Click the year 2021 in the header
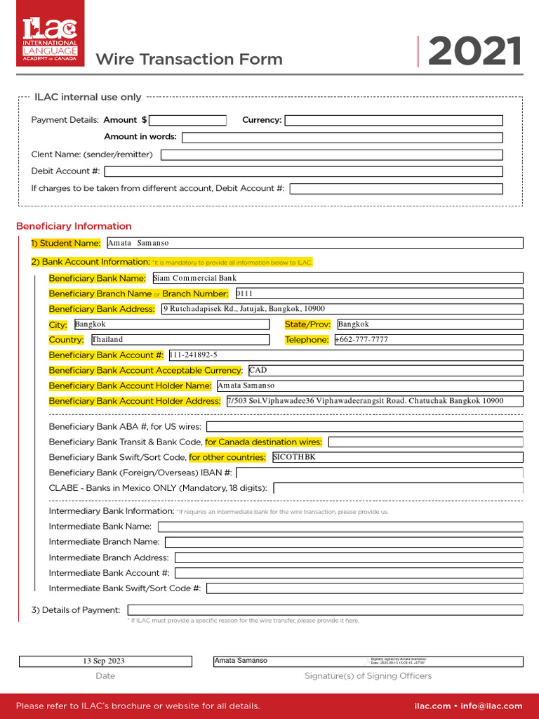[x=474, y=52]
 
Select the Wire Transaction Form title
[x=189, y=60]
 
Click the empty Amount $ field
[x=187, y=120]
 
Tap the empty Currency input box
[x=393, y=120]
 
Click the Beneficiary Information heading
[x=74, y=226]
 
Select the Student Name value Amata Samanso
[x=138, y=243]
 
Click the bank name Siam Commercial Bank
[x=195, y=278]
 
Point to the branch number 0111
[x=244, y=293]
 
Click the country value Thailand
[x=107, y=340]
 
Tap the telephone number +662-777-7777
[x=361, y=340]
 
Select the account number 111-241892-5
[x=194, y=355]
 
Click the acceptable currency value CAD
[x=258, y=370]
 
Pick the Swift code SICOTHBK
[x=294, y=457]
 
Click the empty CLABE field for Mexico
[x=398, y=488]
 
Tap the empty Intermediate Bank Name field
[x=340, y=527]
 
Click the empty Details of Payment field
[x=325, y=610]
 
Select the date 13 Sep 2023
[x=104, y=661]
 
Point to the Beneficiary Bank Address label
[x=102, y=309]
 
